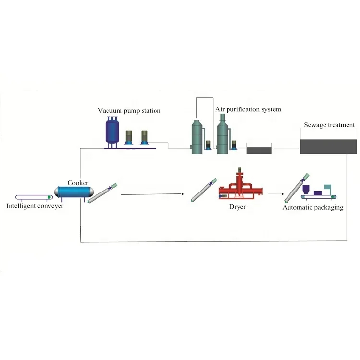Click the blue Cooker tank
pos(73,192)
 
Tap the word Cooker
pos(77,183)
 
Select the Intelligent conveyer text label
pos(35,206)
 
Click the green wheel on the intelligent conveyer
pos(49,197)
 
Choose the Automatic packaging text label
pos(312,208)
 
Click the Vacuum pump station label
pos(129,111)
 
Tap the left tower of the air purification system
pos(197,136)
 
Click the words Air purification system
pos(248,109)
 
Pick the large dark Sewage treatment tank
pos(328,146)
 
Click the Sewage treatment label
pos(329,125)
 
